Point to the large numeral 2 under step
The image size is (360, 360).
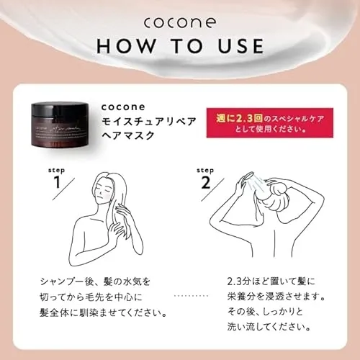coord(207,181)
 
